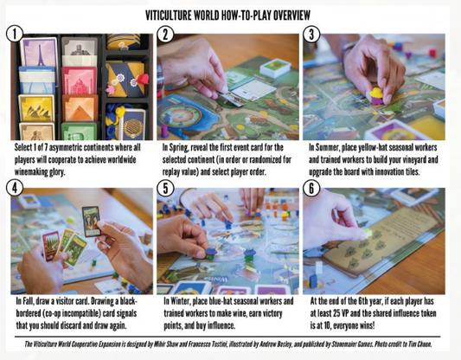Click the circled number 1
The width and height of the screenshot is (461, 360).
point(14,34)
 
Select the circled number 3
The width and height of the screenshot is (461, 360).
point(311,34)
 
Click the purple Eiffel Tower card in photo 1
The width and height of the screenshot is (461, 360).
point(39,54)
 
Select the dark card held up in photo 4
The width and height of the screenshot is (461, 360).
point(91,222)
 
